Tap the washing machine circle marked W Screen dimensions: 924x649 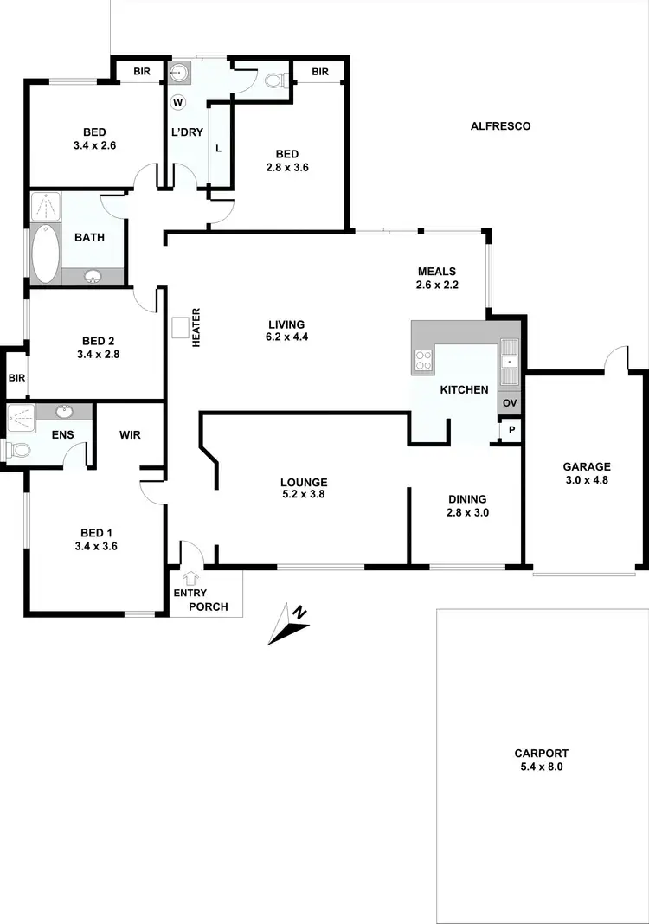point(178,102)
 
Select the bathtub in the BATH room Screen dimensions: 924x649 point(46,254)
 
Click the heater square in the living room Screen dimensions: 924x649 point(180,327)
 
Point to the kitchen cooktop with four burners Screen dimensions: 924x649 point(424,360)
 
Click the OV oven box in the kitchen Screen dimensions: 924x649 point(510,403)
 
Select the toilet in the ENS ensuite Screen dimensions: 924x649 point(16,450)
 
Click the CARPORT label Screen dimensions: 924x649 point(541,754)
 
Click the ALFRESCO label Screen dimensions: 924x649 point(500,126)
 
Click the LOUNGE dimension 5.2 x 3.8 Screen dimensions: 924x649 point(303,495)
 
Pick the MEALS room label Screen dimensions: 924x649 point(436,271)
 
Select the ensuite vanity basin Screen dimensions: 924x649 point(63,412)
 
